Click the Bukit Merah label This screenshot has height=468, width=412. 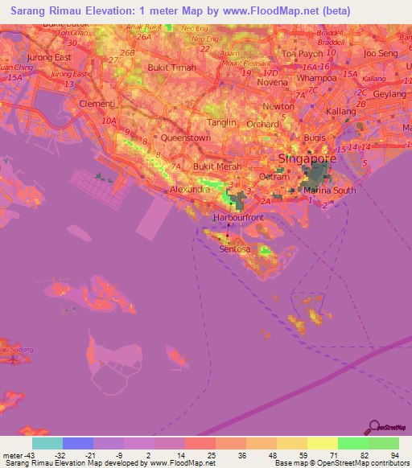click(212, 166)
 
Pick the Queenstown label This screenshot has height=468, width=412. click(185, 138)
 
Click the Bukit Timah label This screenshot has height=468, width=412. click(173, 68)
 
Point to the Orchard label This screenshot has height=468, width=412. click(263, 125)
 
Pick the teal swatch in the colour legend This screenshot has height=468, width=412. click(47, 443)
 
